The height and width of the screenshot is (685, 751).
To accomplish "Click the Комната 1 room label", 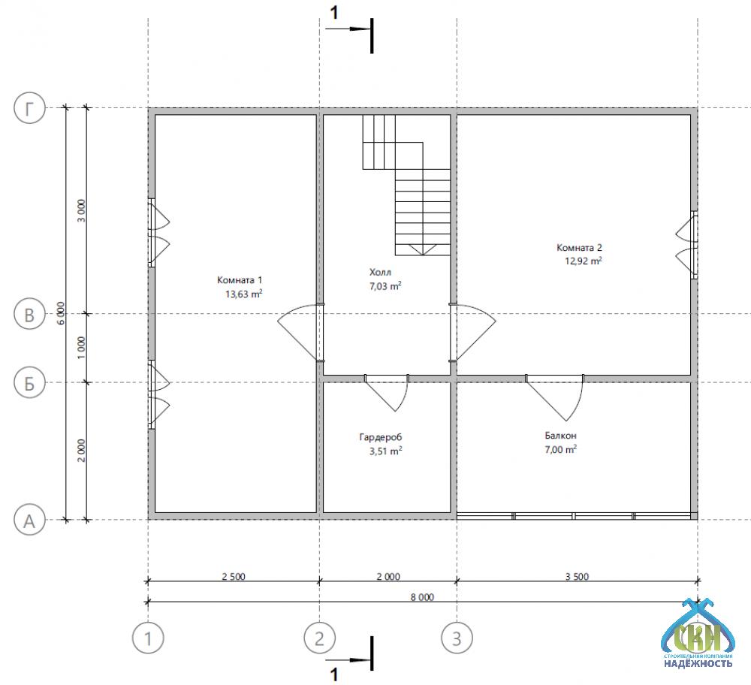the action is (240, 280).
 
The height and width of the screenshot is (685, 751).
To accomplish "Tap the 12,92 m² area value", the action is (584, 261).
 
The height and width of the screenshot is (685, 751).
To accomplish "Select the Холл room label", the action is (380, 272).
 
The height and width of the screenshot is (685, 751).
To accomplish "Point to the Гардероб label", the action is (381, 437).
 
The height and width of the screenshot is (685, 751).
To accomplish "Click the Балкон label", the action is (560, 436).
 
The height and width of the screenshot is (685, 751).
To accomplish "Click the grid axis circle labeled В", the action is (30, 314).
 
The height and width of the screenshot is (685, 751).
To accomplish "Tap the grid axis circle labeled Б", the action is (30, 383).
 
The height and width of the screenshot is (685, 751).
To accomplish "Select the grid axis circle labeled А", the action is (30, 520).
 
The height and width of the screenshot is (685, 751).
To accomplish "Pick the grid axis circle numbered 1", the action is (148, 638).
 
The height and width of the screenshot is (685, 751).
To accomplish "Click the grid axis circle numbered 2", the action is (319, 638).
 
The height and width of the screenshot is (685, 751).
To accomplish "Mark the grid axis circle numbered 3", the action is (457, 638).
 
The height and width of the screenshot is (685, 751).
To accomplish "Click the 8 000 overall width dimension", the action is (422, 597).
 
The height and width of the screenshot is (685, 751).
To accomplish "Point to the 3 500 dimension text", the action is (577, 576).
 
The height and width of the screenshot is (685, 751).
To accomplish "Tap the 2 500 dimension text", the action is (234, 576).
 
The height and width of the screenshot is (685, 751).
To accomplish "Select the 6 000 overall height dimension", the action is (61, 313).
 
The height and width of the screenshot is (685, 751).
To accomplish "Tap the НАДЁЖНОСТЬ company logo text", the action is (698, 663).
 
